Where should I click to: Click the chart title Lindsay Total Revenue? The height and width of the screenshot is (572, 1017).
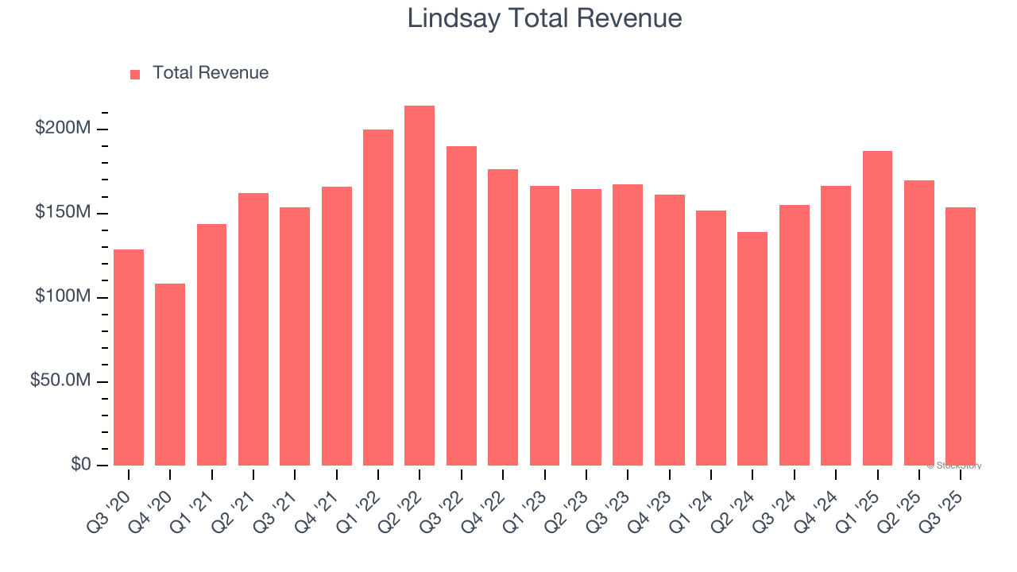[x=544, y=18]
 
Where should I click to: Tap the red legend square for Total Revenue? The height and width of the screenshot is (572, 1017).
[x=135, y=74]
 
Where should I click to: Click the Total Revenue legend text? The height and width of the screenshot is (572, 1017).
[x=211, y=73]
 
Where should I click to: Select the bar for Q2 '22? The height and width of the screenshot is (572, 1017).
[x=420, y=286]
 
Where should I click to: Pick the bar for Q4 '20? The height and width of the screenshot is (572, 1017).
[x=170, y=374]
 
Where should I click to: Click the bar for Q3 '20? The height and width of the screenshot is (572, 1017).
[x=129, y=357]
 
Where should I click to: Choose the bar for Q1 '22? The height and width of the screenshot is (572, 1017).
[x=378, y=297]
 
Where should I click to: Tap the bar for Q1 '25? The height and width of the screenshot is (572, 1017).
[x=877, y=308]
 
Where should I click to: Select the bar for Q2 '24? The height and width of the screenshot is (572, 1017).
[x=752, y=349]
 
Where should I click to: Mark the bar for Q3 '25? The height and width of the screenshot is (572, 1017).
[x=961, y=336]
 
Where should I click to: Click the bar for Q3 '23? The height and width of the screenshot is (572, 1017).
[x=628, y=325]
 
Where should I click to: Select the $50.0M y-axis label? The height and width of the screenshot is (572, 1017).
[x=60, y=381]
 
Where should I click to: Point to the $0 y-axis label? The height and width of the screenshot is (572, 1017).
[x=79, y=465]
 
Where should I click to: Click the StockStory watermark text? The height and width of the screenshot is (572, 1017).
[x=954, y=466]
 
